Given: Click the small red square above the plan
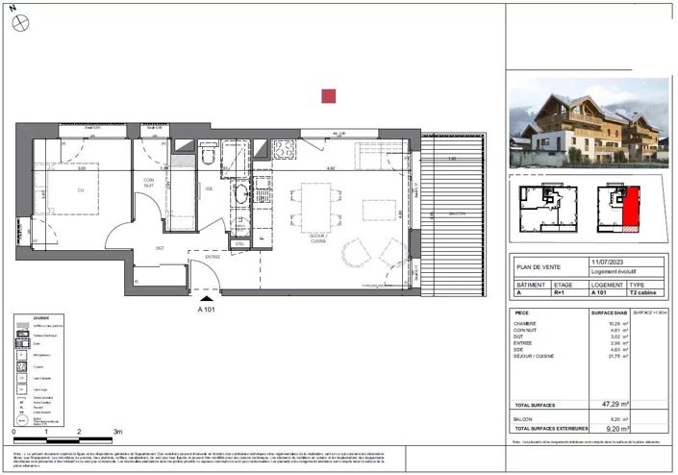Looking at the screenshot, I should (x=328, y=95).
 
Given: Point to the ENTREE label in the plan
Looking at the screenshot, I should (x=211, y=257).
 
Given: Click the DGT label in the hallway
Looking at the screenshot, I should (x=160, y=249).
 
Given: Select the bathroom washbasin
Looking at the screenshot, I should (x=240, y=195).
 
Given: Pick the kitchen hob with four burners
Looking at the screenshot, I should (x=284, y=149).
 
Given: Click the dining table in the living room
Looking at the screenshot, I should (x=317, y=203).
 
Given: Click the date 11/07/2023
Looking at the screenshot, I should (x=606, y=262).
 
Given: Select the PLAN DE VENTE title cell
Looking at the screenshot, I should (x=538, y=267).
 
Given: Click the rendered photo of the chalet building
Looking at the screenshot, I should (x=587, y=122).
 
